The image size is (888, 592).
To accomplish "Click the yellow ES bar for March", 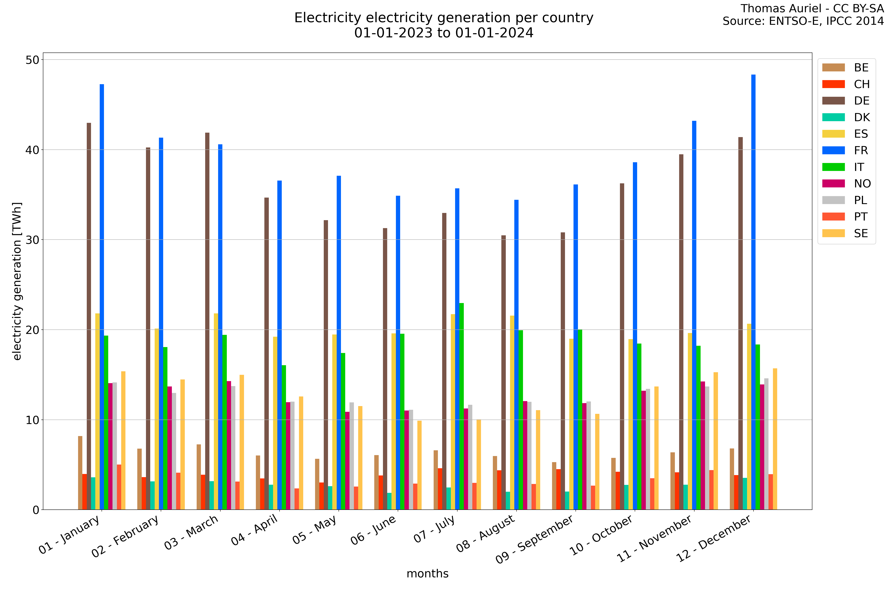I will pyautogui.click(x=216, y=411).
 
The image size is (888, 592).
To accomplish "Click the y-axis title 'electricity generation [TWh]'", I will pyautogui.click(x=17, y=281).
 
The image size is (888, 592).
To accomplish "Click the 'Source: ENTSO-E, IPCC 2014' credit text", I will pyautogui.click(x=803, y=21).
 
